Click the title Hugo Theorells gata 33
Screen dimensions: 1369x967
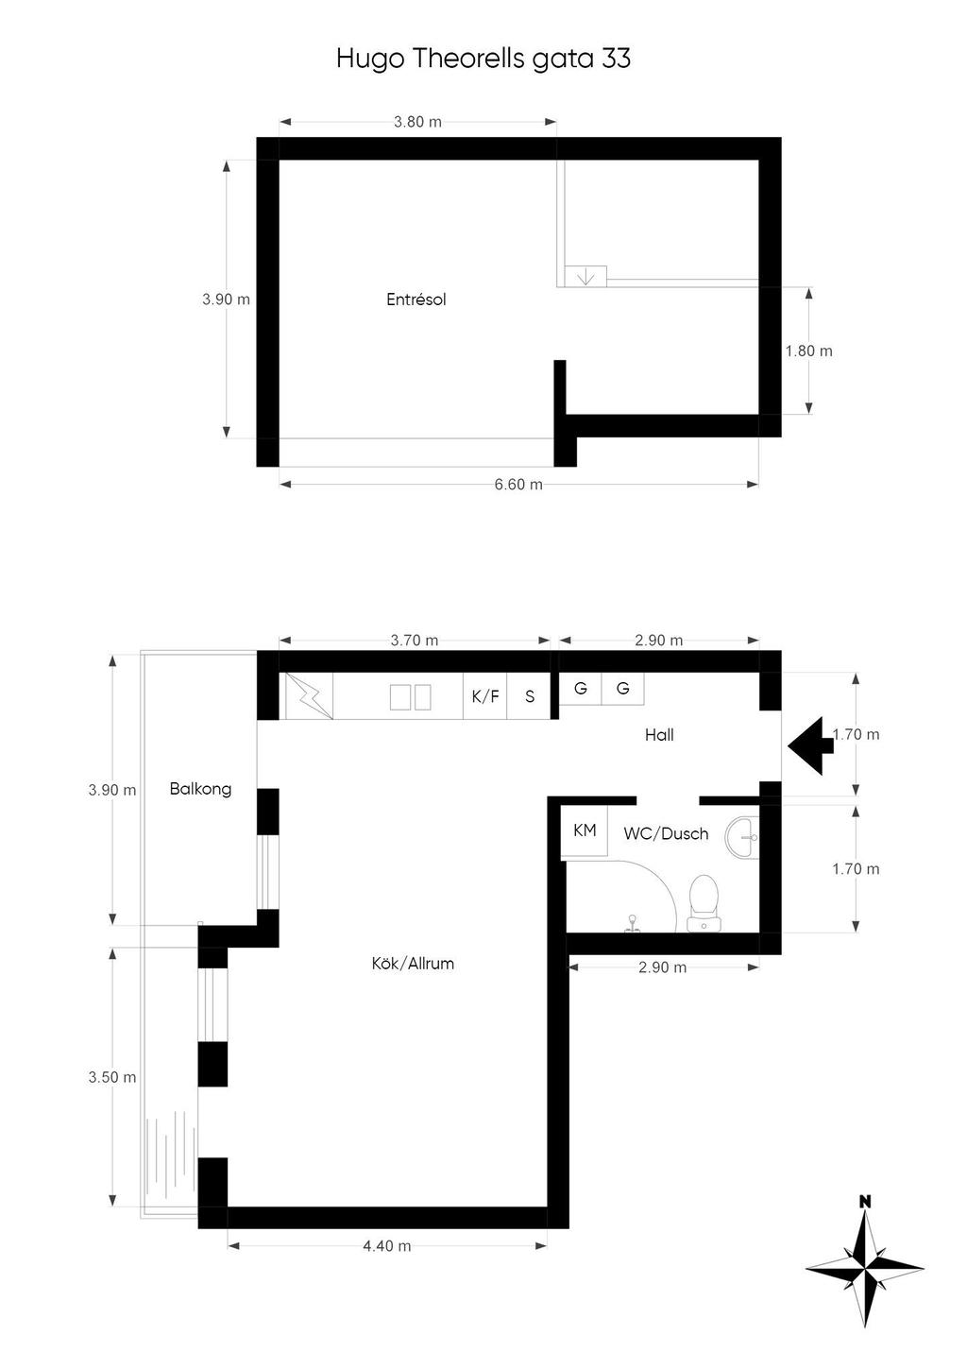tap(483, 59)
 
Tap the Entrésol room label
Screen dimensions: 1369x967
tap(416, 299)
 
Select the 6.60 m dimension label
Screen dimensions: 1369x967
tap(518, 485)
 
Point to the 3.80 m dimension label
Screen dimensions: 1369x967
tap(417, 122)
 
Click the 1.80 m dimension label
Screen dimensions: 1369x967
tap(808, 351)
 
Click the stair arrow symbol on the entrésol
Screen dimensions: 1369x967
tap(585, 277)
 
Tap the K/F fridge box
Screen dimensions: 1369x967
tap(485, 696)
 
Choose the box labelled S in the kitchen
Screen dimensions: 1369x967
tap(530, 696)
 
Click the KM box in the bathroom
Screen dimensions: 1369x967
tap(585, 831)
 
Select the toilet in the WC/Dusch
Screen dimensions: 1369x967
tap(703, 902)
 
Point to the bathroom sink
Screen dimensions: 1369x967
tap(742, 836)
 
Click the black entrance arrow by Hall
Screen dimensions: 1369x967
tap(807, 744)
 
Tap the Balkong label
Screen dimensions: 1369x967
tap(200, 789)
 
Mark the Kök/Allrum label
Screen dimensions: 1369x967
tap(413, 964)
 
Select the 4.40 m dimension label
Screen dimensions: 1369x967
tap(387, 1246)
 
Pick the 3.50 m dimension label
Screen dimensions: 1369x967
tap(112, 1077)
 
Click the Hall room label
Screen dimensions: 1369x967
tap(659, 735)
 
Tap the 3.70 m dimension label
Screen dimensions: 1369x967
tap(415, 641)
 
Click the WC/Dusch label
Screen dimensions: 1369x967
tap(666, 834)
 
